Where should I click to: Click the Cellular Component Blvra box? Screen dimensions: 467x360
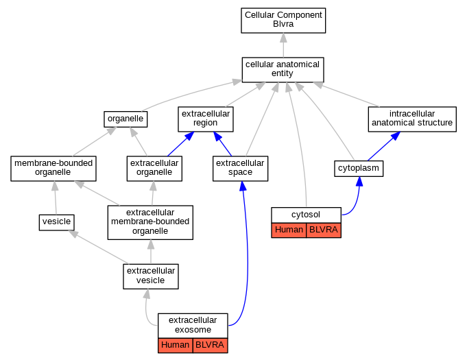pos(283,21)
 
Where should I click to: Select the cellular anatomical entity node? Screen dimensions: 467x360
pos(283,70)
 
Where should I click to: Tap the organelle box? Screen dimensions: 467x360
pos(125,119)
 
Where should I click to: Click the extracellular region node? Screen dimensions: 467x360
pos(206,119)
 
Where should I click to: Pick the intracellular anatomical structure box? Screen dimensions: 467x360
pos(412,119)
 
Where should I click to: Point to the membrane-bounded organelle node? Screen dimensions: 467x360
pos(53,169)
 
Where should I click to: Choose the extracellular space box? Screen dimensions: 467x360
pos(240,169)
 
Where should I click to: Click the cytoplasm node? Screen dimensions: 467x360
pos(359,169)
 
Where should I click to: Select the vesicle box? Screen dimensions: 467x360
pos(57,222)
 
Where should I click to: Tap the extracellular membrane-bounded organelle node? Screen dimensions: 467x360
pos(150,222)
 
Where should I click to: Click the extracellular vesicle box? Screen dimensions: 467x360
pos(151,276)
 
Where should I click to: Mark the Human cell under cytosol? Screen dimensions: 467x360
pos(289,230)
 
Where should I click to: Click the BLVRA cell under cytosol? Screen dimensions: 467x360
pos(324,230)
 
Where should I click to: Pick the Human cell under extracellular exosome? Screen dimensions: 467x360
pos(176,346)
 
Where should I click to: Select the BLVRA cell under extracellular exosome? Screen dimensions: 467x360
pos(211,346)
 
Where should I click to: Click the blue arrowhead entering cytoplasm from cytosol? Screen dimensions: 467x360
pos(359,181)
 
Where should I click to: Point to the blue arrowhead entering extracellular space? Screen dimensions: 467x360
pos(243,186)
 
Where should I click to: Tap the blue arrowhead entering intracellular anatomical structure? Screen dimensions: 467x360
pos(396,136)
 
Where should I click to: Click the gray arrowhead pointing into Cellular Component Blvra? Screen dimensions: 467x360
pos(283,38)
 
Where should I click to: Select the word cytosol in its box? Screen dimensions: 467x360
pos(306,215)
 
